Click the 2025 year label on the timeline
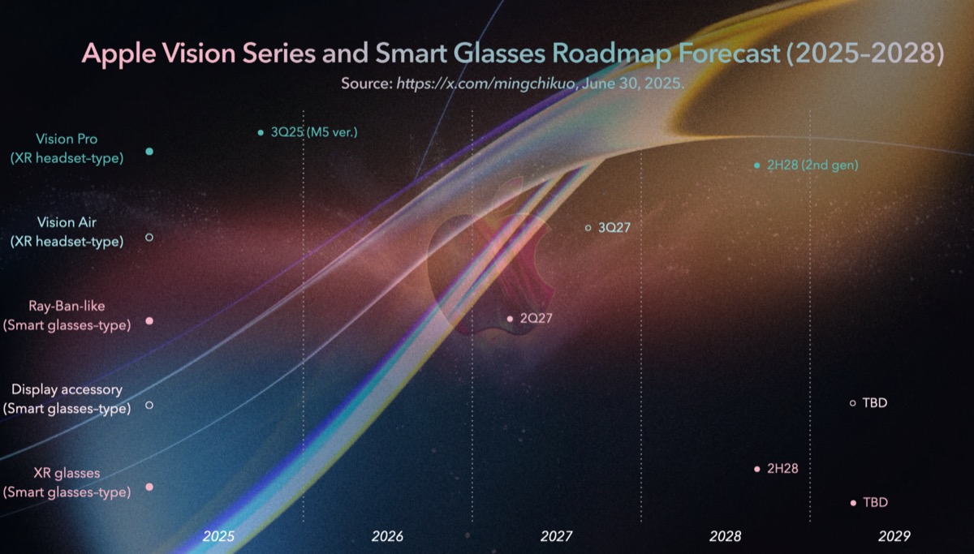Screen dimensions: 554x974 tap(218, 536)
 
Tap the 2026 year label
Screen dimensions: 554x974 tap(387, 536)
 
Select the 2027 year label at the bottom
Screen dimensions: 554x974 tap(556, 536)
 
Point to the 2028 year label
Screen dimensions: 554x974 tap(725, 536)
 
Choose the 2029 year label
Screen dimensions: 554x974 tap(894, 536)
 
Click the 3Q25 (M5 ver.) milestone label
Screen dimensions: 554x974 tap(314, 132)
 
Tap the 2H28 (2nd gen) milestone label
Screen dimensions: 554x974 tap(812, 165)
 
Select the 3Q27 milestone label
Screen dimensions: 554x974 tap(614, 228)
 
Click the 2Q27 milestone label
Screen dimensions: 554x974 tap(535, 319)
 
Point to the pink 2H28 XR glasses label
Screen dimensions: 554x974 tap(782, 469)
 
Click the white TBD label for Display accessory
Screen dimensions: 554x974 tap(874, 402)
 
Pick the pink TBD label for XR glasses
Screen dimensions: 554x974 tap(875, 503)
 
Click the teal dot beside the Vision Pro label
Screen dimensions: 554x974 tap(149, 152)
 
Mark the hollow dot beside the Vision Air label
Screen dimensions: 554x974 tap(149, 237)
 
